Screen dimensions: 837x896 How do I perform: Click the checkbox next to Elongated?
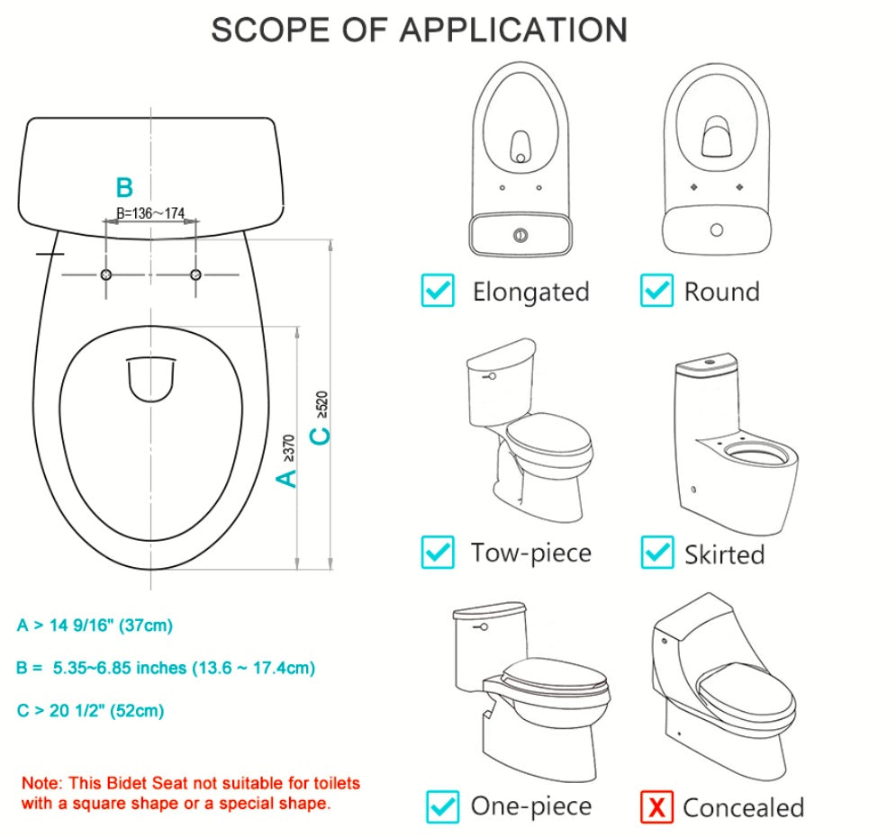pos(439,291)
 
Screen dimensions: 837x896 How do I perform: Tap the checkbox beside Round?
pos(656,291)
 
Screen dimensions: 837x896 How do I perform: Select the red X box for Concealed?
pos(656,806)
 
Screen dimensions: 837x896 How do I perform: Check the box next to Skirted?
pos(656,552)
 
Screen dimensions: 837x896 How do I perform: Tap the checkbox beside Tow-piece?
pos(439,552)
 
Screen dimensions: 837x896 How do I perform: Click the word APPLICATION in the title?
pos(513,30)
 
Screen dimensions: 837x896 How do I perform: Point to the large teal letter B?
pos(124,188)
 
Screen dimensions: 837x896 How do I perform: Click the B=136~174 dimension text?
pos(150,213)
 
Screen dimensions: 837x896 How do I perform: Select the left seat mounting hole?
pos(106,274)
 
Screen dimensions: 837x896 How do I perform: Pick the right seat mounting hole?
pos(195,274)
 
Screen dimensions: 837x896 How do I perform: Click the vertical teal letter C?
pos(320,436)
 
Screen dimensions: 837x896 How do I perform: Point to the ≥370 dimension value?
pos(288,447)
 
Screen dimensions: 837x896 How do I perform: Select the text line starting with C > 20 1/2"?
pos(90,710)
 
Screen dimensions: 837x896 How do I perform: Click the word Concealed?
pos(743,807)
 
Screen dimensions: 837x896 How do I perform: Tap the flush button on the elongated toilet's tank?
pos(519,235)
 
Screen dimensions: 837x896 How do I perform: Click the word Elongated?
pos(530,292)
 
